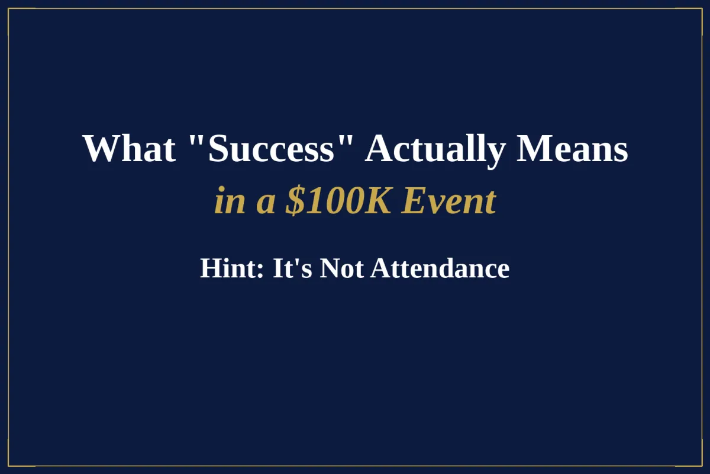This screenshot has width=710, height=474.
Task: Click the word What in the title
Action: pyautogui.click(x=129, y=149)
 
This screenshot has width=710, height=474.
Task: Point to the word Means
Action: pyautogui.click(x=572, y=149)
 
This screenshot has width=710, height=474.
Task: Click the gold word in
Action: pyautogui.click(x=230, y=202)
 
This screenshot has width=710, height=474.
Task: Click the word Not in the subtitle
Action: pyautogui.click(x=342, y=268)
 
